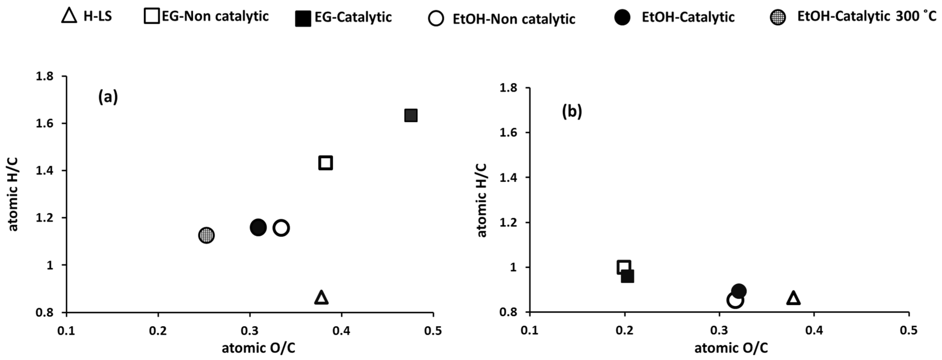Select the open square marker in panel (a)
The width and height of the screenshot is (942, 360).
pos(326,163)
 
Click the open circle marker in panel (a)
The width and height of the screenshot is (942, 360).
pos(281,228)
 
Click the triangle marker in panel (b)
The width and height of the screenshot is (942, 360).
pos(793,298)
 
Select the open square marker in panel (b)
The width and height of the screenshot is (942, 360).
pos(624,268)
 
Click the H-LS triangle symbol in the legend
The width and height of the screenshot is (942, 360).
pos(69,16)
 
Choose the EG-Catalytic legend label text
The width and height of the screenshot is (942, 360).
pos(353,17)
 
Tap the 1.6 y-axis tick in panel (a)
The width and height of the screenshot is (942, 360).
pos(44,123)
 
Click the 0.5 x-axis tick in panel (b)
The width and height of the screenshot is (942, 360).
pos(909,331)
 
